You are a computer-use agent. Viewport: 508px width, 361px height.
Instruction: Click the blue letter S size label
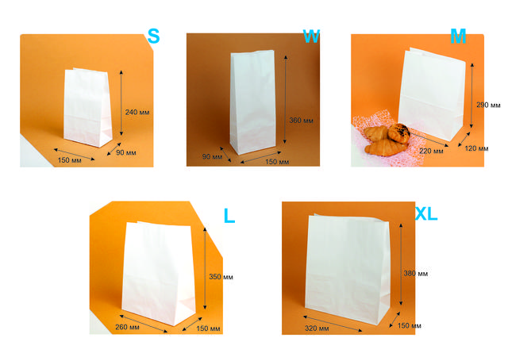(153, 36)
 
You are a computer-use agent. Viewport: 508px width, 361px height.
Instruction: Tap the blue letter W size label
(311, 36)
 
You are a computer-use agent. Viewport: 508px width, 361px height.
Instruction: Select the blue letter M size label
(458, 36)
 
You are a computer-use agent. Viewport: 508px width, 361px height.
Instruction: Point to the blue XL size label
(426, 213)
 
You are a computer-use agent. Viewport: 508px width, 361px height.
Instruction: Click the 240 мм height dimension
(137, 113)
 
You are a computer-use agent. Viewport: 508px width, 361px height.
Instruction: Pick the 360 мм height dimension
(302, 121)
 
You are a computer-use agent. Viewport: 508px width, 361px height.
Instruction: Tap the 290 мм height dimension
(488, 105)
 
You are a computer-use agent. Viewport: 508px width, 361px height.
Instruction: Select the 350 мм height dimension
(221, 276)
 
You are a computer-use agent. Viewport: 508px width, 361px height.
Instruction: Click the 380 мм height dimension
(416, 274)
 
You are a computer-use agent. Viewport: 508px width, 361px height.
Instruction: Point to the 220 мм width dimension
(431, 151)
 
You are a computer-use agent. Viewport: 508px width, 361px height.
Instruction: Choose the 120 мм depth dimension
(476, 148)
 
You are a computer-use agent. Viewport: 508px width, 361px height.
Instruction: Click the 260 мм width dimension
(127, 327)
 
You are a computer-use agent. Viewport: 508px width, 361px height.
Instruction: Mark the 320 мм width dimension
(317, 328)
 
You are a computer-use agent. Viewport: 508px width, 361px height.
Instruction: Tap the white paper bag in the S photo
(88, 107)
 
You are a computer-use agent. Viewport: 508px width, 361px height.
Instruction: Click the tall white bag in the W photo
(252, 102)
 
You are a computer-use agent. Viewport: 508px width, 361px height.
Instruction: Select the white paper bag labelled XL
(348, 270)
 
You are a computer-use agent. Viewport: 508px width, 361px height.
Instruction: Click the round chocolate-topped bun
(398, 132)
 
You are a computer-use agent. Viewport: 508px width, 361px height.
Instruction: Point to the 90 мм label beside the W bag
(212, 157)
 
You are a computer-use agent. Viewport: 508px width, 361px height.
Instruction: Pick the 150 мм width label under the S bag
(70, 160)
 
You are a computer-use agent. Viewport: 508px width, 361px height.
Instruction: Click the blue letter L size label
(229, 215)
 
